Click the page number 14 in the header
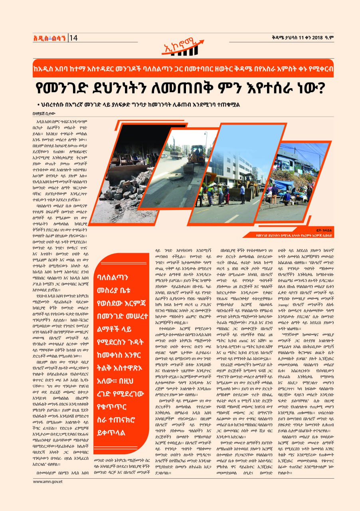[x=74, y=38]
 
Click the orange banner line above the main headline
[x=180, y=69]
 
